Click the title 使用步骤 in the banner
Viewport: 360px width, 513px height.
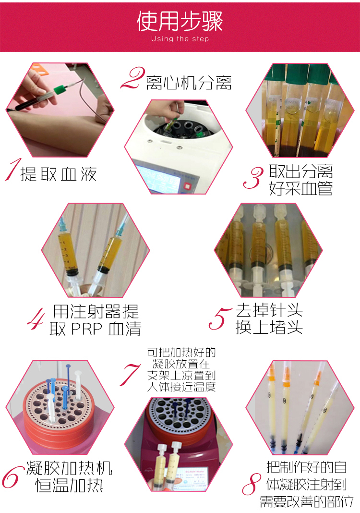[x=180, y=21]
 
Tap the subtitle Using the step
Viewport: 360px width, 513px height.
[x=180, y=39]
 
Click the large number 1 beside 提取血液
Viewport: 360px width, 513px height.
[x=12, y=170]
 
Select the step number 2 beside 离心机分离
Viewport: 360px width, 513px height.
[x=132, y=78]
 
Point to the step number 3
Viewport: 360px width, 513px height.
[x=253, y=178]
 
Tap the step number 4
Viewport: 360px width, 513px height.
[x=36, y=318]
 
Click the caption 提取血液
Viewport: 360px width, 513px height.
[x=59, y=174]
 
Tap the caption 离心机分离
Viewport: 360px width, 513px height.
[x=189, y=83]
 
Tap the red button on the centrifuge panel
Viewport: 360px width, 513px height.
[x=187, y=186]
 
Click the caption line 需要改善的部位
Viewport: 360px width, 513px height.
[x=307, y=501]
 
